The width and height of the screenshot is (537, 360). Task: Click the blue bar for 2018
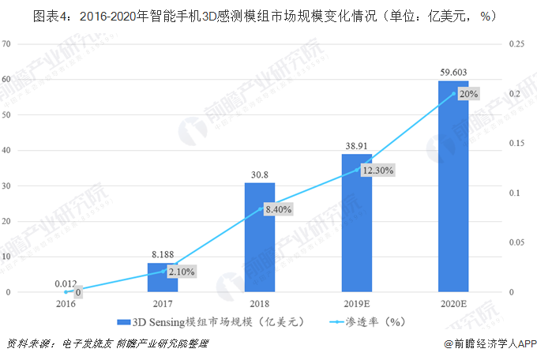pos(260,237)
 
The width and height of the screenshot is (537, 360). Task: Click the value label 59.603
pos(453,73)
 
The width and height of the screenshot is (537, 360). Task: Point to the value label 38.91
pos(357,146)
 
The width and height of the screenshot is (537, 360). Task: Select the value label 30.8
pos(260,174)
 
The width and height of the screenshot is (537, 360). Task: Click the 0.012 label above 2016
pos(66,283)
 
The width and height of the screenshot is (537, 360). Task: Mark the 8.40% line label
pos(278,209)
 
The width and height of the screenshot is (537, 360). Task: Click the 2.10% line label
pos(181,272)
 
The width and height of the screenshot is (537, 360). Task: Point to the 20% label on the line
pos(468,94)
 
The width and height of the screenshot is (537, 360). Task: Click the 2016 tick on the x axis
pos(66,302)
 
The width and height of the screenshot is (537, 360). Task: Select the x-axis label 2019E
pos(357,302)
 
